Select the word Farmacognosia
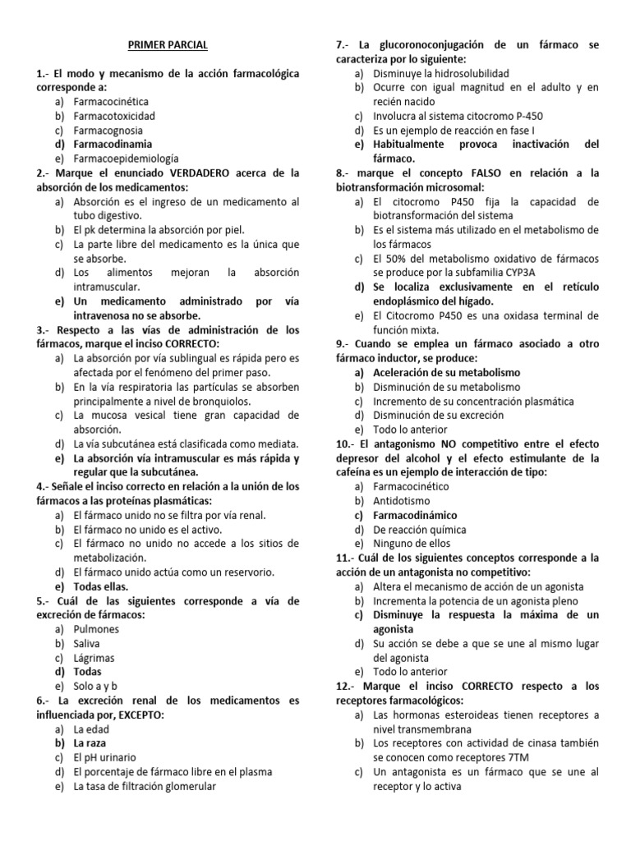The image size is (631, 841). [108, 130]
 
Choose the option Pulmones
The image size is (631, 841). [96, 629]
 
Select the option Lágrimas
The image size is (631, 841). [94, 657]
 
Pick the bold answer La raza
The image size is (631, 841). [91, 743]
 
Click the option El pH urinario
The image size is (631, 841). [104, 757]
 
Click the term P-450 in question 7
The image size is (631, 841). [526, 116]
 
